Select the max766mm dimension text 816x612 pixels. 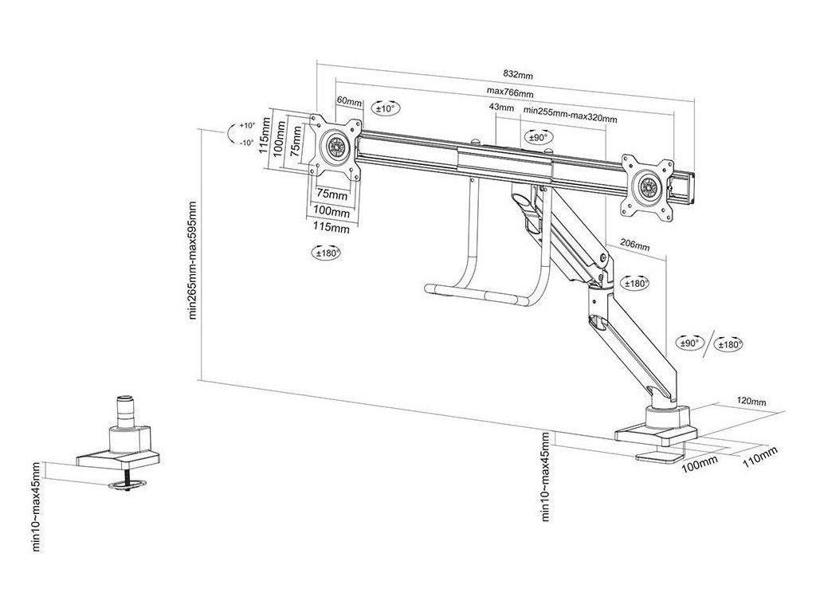(510, 93)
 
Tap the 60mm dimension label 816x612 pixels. (349, 102)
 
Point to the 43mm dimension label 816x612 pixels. (500, 107)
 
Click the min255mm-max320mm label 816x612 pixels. (570, 118)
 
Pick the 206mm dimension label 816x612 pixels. (634, 245)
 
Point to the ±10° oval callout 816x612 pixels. (386, 108)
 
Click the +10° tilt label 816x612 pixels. (245, 126)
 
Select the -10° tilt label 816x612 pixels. (245, 143)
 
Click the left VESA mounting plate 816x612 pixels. (335, 149)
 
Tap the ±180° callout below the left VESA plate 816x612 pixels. (325, 253)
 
